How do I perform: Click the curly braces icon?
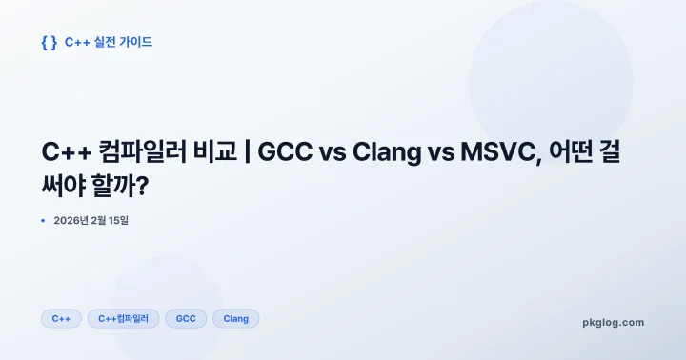pos(50,42)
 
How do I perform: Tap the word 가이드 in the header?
pos(136,42)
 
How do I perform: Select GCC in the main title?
pos(288,152)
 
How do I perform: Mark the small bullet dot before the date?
pos(43,221)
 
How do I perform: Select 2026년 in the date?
pos(71,221)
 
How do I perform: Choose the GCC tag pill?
pos(186,319)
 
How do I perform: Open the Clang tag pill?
pos(235,319)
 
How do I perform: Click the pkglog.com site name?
pos(613,322)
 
